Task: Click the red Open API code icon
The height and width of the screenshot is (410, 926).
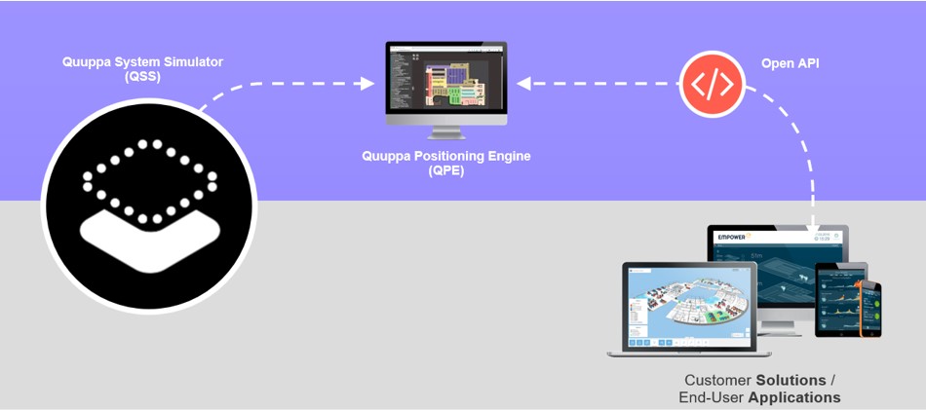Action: pos(712,84)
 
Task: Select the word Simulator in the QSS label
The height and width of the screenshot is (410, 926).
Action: pos(191,62)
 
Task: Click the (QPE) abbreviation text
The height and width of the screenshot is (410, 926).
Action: pos(446,171)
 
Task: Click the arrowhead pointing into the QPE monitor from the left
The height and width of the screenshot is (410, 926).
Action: pos(367,84)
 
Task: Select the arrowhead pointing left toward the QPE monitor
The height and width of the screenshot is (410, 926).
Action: pos(523,84)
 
